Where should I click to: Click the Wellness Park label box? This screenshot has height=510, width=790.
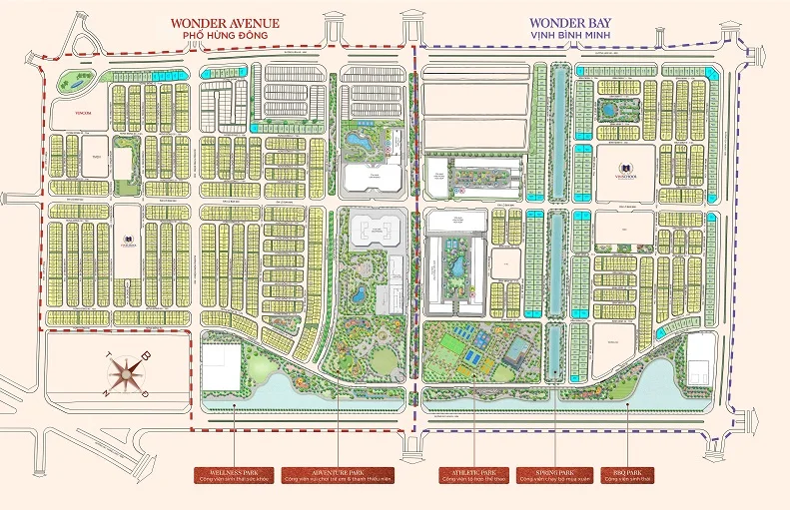235,474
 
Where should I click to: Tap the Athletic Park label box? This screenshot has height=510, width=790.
474,474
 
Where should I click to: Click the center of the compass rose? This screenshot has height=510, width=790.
126,374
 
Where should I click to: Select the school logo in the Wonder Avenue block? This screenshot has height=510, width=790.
128,240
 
